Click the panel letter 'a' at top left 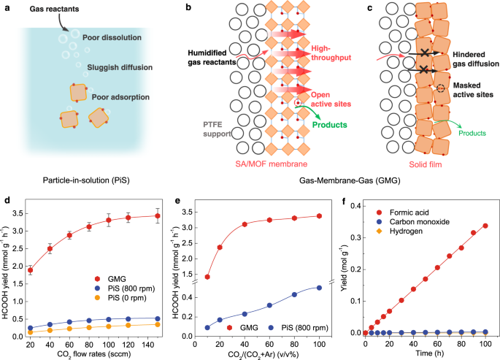click(5, 7)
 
